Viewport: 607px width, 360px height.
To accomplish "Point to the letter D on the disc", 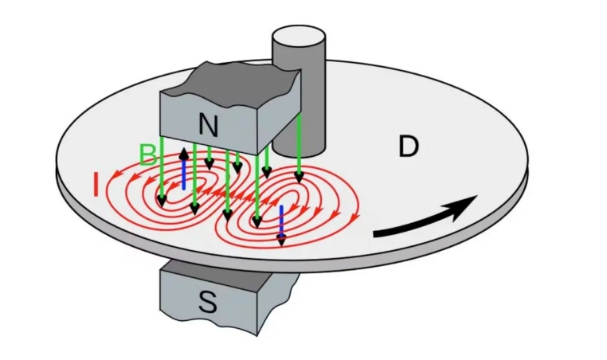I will pyautogui.click(x=408, y=147).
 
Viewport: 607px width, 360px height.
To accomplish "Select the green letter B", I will pyautogui.click(x=148, y=155).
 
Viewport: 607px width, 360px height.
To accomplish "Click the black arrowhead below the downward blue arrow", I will pyautogui.click(x=281, y=241).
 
